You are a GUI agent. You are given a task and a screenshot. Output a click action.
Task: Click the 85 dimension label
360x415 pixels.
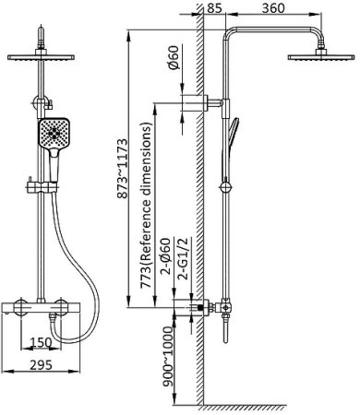point(214,7)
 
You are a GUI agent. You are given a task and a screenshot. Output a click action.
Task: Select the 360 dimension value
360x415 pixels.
point(273,7)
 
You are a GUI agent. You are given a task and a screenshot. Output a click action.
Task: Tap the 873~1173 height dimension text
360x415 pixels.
point(122,169)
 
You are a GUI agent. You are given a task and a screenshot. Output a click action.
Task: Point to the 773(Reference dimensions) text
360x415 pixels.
point(146,206)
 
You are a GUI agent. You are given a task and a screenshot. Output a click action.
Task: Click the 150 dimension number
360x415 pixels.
point(42,342)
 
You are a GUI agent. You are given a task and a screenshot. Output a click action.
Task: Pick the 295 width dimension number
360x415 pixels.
point(42,365)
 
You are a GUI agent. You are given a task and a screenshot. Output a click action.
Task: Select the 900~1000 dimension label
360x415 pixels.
point(168,357)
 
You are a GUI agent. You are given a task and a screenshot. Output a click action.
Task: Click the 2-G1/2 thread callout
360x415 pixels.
point(184,258)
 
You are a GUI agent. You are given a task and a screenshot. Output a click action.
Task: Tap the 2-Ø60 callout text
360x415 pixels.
point(166,256)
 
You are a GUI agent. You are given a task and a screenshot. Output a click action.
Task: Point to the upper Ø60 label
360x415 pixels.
point(174,58)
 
